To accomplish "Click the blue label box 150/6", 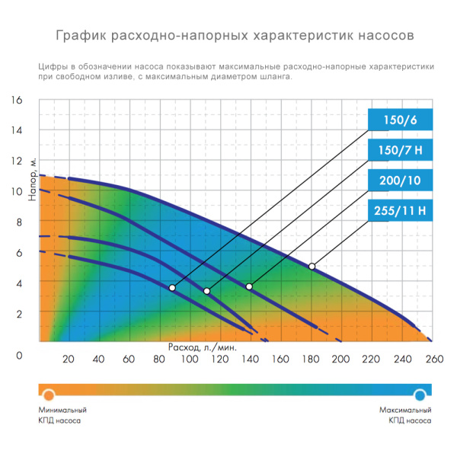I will [x=400, y=120].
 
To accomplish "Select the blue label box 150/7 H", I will [x=400, y=151].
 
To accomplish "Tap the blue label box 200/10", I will [x=400, y=181].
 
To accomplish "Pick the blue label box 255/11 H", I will [x=400, y=211].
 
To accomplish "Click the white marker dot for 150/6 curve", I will [x=172, y=288].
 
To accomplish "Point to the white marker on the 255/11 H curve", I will [x=312, y=267].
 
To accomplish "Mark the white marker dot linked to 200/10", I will [x=249, y=286].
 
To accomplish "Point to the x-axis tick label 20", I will [x=68, y=360].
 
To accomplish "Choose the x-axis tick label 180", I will [x=311, y=360].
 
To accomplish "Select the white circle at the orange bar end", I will [x=49, y=394].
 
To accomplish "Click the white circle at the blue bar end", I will [x=420, y=394].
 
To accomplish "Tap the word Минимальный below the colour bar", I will [x=62, y=410].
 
